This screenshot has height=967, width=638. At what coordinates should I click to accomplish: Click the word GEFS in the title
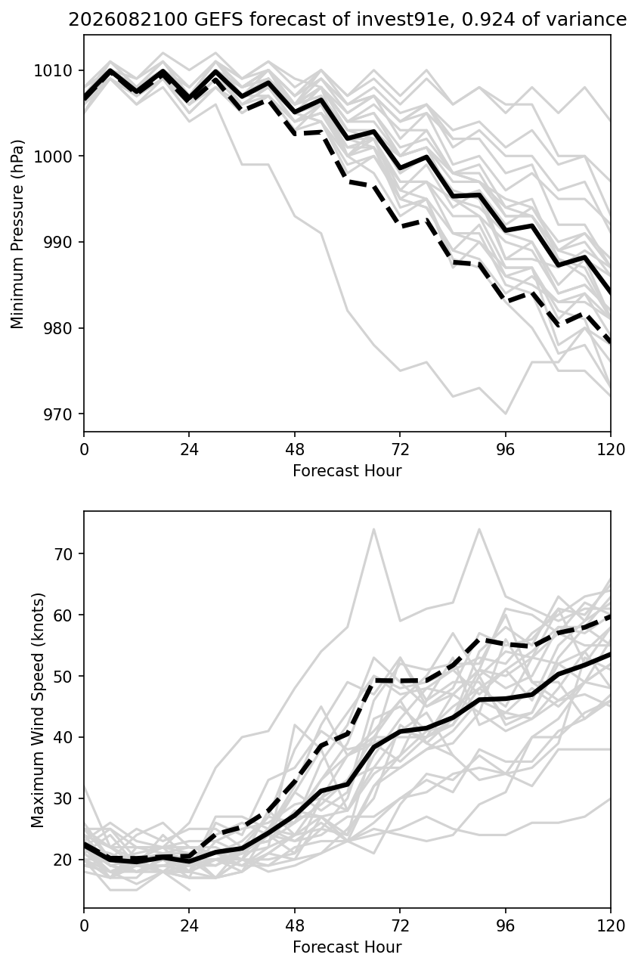coord(218,20)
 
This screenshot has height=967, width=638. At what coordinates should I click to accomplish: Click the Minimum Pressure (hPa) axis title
coord(17,234)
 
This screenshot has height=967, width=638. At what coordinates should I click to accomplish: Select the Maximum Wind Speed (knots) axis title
coord(38,710)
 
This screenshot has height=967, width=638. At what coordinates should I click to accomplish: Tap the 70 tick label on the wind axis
coord(63,554)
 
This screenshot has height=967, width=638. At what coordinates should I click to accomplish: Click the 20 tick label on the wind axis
coord(63,860)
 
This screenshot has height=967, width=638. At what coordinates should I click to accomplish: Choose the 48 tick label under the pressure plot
coord(295,450)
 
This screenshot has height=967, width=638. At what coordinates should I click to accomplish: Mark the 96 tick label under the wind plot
coord(506,925)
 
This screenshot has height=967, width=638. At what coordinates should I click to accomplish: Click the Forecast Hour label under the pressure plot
coord(347,471)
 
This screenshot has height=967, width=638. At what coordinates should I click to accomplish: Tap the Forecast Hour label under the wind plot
coord(347,947)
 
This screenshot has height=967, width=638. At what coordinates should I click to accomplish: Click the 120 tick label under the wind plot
coord(610,925)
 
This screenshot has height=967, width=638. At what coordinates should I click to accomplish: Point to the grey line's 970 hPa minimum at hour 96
coord(506,414)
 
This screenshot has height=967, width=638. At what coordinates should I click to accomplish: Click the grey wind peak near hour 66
coord(374,529)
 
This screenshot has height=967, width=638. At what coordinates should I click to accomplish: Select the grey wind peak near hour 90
coord(479,529)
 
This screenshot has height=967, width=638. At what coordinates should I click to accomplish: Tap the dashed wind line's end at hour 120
coord(610,617)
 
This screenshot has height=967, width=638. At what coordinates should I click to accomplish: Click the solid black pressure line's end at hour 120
coord(610,293)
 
